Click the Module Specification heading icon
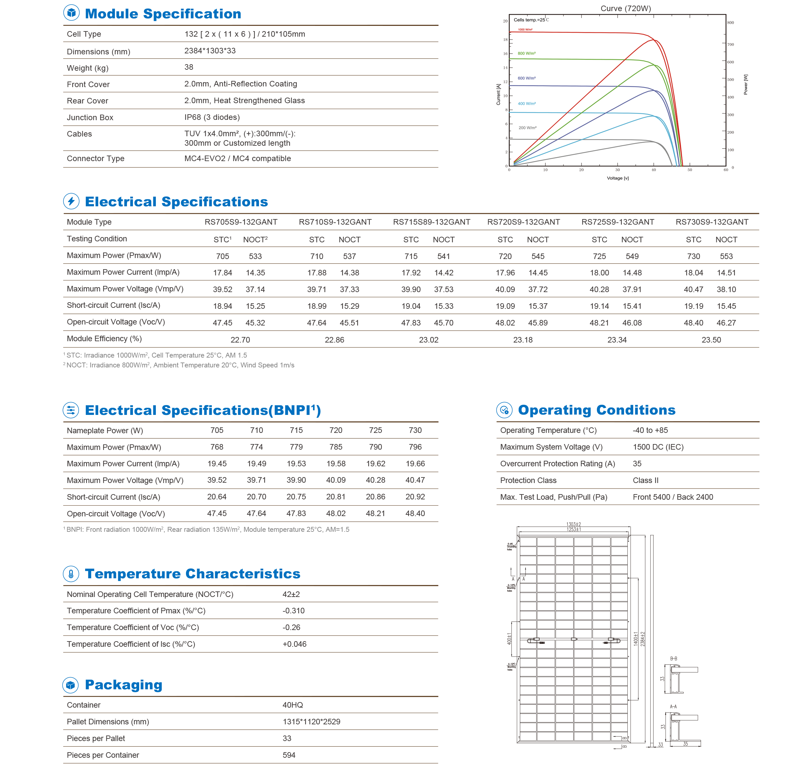pyautogui.click(x=71, y=13)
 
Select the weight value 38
pyautogui.click(x=189, y=67)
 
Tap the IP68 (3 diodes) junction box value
pyautogui.click(x=212, y=117)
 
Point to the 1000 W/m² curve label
pyautogui.click(x=525, y=30)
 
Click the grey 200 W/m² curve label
pyautogui.click(x=527, y=128)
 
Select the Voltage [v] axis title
pyautogui.click(x=617, y=178)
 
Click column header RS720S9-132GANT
pyautogui.click(x=523, y=222)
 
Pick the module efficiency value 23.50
pyautogui.click(x=711, y=340)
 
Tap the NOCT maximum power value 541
pyautogui.click(x=443, y=256)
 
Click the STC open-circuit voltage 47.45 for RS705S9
pyautogui.click(x=222, y=323)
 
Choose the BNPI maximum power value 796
pyautogui.click(x=415, y=447)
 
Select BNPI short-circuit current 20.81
pyautogui.click(x=336, y=497)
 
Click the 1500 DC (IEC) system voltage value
pyautogui.click(x=658, y=447)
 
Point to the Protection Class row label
pyautogui.click(x=528, y=480)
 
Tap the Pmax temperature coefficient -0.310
pyautogui.click(x=293, y=611)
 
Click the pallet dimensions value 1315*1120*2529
pyautogui.click(x=311, y=722)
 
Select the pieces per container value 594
pyautogui.click(x=289, y=755)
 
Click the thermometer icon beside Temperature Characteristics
pyautogui.click(x=71, y=574)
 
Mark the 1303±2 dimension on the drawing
pyautogui.click(x=573, y=524)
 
